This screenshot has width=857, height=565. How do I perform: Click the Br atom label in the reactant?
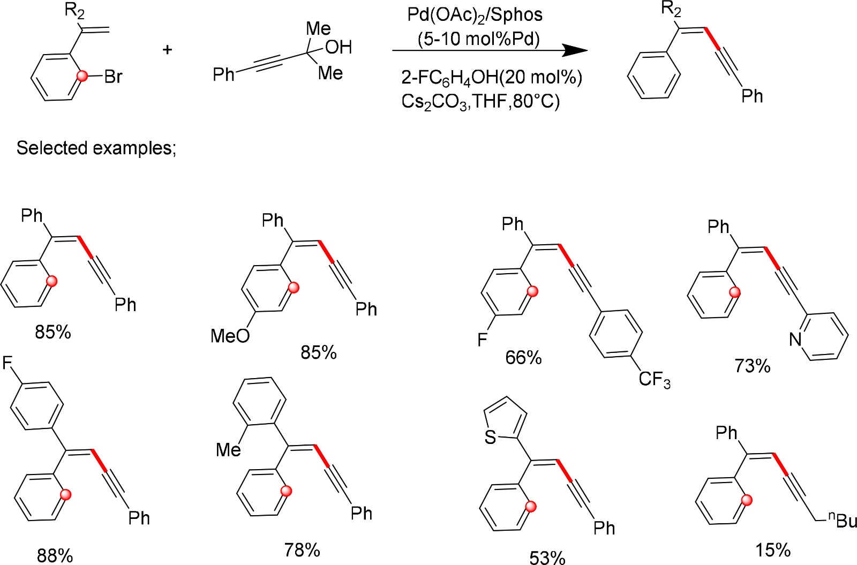click(114, 77)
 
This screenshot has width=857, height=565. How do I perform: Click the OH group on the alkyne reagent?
click(339, 47)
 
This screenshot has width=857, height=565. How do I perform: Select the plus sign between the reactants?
click(168, 50)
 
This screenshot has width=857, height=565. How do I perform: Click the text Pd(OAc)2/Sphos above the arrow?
click(475, 14)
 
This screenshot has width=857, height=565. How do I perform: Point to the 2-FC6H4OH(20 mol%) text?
click(491, 78)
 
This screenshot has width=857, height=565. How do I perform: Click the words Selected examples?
click(96, 148)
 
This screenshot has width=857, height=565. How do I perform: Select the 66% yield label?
click(523, 357)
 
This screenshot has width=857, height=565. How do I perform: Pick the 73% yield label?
click(752, 366)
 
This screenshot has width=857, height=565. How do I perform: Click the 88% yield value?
click(55, 555)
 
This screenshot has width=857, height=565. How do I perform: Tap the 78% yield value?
click(302, 549)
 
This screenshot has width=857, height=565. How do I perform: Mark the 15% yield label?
click(773, 549)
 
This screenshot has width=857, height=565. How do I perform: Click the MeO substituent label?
click(230, 336)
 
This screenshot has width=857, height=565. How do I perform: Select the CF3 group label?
click(655, 380)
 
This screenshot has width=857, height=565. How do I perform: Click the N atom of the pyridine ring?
click(795, 339)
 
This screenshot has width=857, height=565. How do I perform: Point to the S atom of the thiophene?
click(490, 438)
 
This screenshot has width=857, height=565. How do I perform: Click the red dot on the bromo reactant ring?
click(82, 77)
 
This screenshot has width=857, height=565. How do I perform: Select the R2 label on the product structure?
click(671, 9)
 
